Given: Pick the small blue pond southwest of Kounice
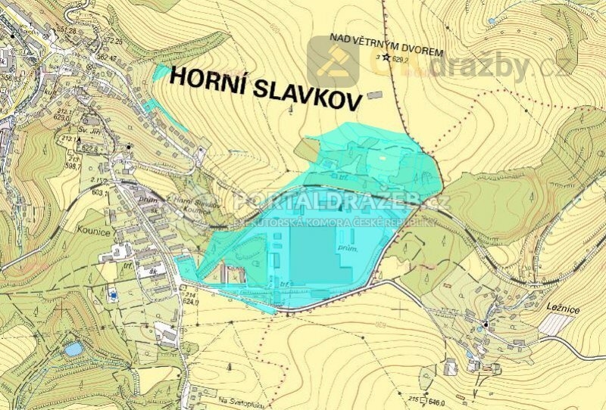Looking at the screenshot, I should tap(73, 349).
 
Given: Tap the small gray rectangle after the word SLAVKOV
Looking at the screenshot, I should tap(374, 96).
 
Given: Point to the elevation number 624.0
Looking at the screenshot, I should tap(189, 301).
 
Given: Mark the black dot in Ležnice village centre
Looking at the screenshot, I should tap(486, 325).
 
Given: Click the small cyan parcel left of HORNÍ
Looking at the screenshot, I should tap(161, 73).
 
